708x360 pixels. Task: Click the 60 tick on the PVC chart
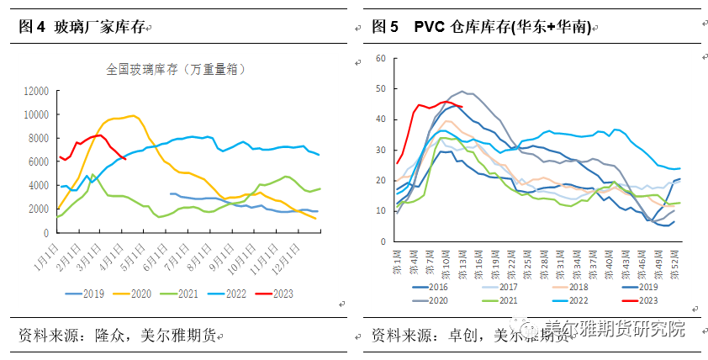click(380, 58)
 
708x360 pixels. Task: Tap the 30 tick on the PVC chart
click(380, 150)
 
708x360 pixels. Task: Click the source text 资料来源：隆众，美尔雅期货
click(117, 336)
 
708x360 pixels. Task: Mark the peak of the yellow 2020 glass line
click(132, 115)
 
